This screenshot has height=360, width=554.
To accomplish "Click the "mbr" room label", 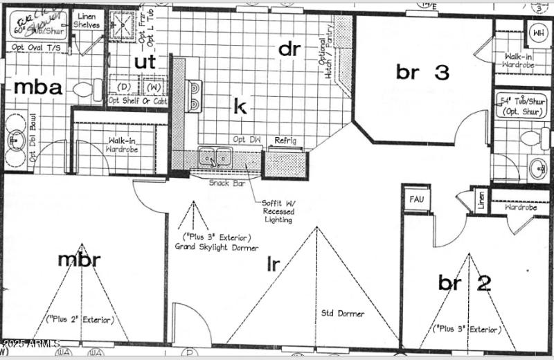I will click(x=79, y=260).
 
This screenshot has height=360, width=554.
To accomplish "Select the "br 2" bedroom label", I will click(x=465, y=282).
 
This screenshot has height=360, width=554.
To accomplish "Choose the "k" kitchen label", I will click(x=240, y=107).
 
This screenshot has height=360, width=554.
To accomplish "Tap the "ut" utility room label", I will click(x=145, y=61).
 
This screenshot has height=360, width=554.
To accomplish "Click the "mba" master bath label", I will click(x=39, y=88).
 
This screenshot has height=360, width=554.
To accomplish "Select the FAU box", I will click(x=416, y=199).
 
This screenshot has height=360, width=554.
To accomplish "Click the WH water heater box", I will click(x=537, y=33).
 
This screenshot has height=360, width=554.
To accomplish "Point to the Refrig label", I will click(x=285, y=141).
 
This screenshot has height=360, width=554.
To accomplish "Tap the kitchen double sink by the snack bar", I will click(x=214, y=158).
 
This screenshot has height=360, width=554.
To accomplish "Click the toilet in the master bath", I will click(x=85, y=90).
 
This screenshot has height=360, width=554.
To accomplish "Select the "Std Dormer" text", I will click(x=342, y=314).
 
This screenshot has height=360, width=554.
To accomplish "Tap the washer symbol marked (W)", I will click(x=153, y=88).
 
